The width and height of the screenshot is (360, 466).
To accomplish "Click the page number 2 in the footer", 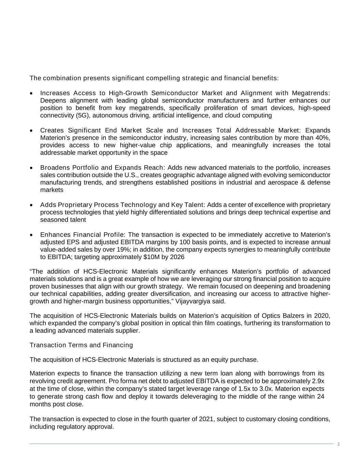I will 338,444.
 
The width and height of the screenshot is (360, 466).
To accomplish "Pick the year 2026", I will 176,257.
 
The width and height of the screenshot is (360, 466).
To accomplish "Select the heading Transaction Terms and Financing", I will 81,345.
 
